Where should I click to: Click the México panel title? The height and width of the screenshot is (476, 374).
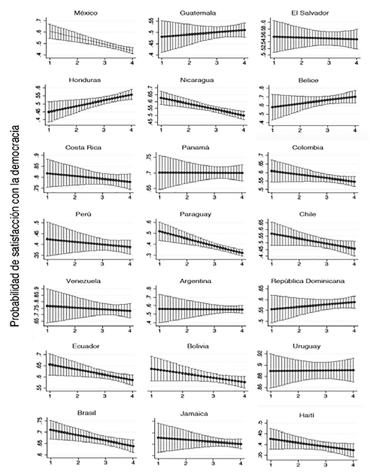[89, 12]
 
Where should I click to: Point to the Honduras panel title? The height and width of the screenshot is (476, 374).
[89, 80]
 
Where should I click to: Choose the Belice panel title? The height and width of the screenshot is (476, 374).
[309, 80]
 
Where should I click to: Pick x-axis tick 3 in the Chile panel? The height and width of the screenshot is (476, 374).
[326, 263]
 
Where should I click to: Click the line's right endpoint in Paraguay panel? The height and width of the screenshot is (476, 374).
[242, 253]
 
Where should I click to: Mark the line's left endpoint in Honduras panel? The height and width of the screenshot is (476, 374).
[49, 112]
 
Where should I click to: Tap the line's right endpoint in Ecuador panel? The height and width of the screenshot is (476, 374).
[131, 380]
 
